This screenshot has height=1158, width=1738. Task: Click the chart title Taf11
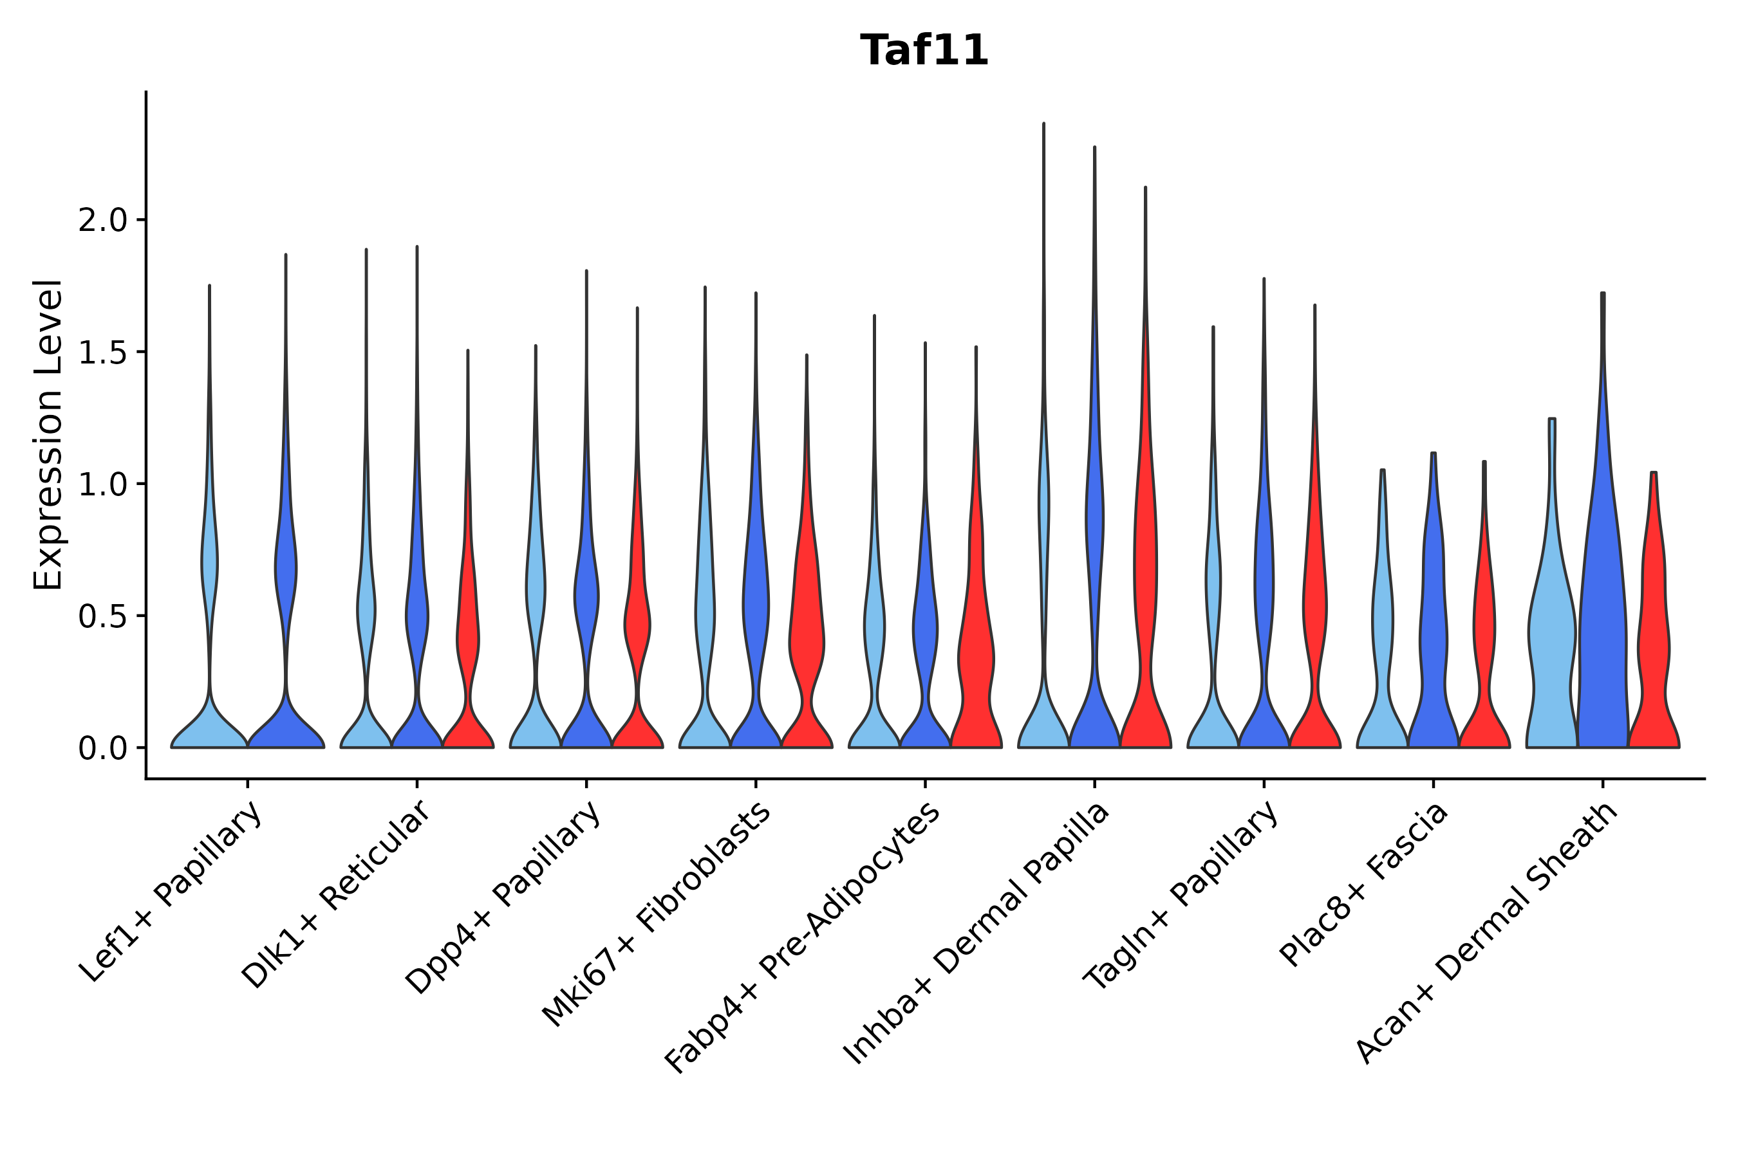pyautogui.click(x=924, y=51)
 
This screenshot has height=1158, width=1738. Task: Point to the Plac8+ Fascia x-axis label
pyautogui.click(x=1363, y=884)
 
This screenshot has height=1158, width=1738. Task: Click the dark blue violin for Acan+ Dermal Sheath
pyautogui.click(x=1602, y=628)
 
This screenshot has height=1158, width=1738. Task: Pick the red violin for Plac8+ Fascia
pyautogui.click(x=1484, y=665)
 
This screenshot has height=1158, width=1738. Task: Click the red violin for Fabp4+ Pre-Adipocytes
pyautogui.click(x=976, y=665)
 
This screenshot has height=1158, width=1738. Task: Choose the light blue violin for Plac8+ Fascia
pyautogui.click(x=1383, y=665)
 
